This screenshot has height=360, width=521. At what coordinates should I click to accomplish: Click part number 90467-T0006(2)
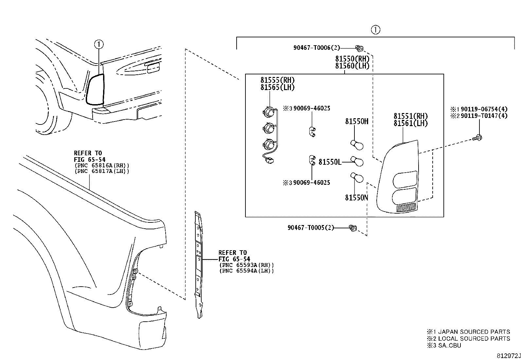tap(316, 48)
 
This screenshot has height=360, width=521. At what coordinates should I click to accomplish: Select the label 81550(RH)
tap(352, 59)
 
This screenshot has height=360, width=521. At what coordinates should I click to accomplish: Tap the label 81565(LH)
tap(277, 87)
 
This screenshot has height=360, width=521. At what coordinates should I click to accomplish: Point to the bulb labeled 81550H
tap(357, 145)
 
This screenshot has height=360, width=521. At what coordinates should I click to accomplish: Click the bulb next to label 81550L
tap(357, 161)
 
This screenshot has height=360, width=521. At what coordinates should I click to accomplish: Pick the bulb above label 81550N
tap(357, 178)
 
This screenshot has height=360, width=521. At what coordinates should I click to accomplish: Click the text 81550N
tap(357, 198)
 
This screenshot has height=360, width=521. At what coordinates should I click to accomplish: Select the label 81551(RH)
tap(410, 116)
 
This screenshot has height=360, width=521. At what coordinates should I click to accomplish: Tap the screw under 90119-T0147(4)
tap(477, 138)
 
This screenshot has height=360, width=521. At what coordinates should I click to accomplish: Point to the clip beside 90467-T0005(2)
tap(353, 228)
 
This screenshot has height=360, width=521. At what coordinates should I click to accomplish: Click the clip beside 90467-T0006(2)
tap(359, 48)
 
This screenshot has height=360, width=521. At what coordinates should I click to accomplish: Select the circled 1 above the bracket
tap(375, 30)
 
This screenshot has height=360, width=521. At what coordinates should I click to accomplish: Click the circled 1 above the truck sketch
tap(99, 44)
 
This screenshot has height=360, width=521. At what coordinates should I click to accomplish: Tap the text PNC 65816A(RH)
tap(102, 165)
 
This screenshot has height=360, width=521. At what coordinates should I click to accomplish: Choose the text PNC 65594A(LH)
tap(246, 271)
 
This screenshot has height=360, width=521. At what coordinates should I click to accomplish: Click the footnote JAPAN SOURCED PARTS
tap(474, 332)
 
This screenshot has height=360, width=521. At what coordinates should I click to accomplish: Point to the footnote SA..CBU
tap(449, 345)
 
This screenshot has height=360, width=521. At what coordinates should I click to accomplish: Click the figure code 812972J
tap(509, 356)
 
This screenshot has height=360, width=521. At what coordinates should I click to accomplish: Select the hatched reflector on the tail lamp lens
tap(406, 207)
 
